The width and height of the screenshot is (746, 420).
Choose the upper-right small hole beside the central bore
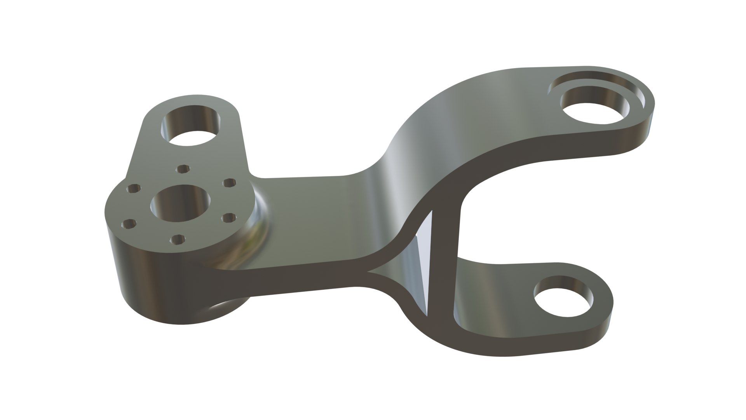(x=229, y=182)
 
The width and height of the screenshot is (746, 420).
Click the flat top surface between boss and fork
(x=311, y=218)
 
